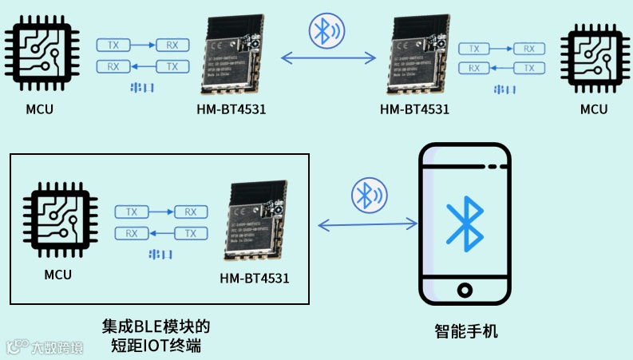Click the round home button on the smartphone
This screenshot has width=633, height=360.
coord(465,288)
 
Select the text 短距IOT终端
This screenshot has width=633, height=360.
coord(156,346)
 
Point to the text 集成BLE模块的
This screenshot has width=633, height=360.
coord(156,326)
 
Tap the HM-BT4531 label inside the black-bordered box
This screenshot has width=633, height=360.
coord(255,279)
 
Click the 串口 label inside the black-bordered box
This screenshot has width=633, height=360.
coord(161,255)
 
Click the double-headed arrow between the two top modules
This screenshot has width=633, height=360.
coord(327,57)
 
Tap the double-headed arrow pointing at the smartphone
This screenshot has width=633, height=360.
coord(367,226)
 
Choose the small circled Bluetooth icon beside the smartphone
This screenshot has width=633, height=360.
coord(369,196)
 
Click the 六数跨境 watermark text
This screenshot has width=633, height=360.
coord(56,348)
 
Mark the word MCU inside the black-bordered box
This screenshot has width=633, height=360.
coord(57,275)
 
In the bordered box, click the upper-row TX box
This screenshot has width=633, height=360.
coord(133,212)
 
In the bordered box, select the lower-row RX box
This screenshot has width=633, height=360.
coord(132,233)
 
